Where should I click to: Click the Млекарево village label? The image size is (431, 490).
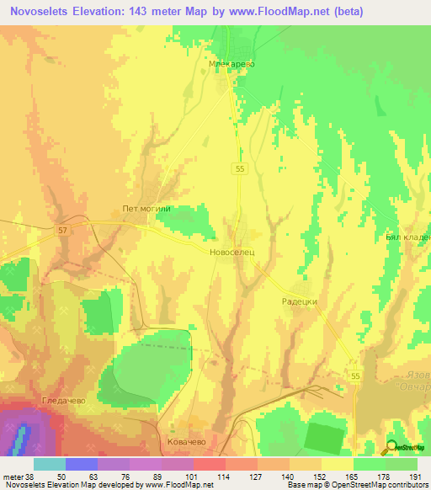click(x=231, y=63)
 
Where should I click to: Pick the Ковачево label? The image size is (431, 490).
click(x=187, y=442)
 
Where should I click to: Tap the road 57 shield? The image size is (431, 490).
click(x=62, y=229)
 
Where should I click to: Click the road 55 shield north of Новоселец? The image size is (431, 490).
click(x=241, y=169)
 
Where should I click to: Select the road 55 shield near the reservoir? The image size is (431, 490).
click(x=355, y=375)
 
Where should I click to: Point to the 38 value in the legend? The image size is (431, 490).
click(x=30, y=477)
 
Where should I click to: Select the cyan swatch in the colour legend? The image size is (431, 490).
click(x=49, y=464)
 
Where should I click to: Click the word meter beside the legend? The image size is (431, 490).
click(x=11, y=477)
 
